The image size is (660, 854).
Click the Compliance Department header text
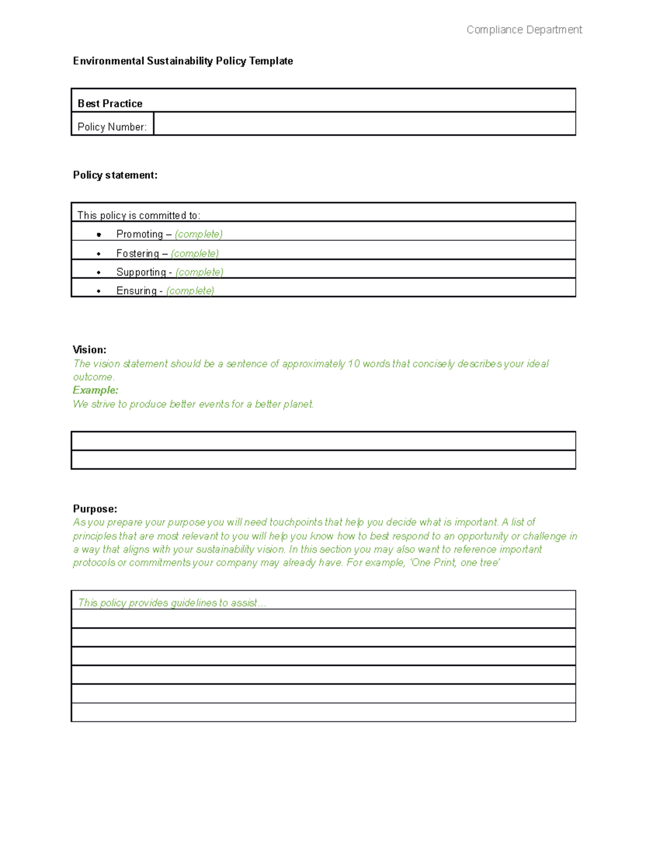[x=524, y=30]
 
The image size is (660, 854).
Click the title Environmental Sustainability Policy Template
[x=183, y=61]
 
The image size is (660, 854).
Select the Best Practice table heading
[x=110, y=103]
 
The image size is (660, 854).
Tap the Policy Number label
[x=112, y=127]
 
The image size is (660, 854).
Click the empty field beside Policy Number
[x=364, y=124]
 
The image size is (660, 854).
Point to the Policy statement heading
[x=115, y=175]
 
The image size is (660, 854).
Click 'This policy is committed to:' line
[x=139, y=216]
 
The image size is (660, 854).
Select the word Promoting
[x=139, y=234]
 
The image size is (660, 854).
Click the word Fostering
[x=137, y=254]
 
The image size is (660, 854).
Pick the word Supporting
[x=141, y=272]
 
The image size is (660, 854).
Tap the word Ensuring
[x=136, y=291]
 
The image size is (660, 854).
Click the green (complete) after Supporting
[x=200, y=272]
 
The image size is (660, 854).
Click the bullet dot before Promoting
[x=99, y=235]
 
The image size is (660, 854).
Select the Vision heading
[x=90, y=350]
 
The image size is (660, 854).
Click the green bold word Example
[x=95, y=390]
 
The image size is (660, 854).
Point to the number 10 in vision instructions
[x=354, y=364]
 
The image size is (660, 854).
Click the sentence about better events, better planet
[x=193, y=404]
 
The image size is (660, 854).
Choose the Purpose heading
[x=95, y=509]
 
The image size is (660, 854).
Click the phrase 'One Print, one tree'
[x=455, y=563]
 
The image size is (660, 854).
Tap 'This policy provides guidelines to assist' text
[x=172, y=603]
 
